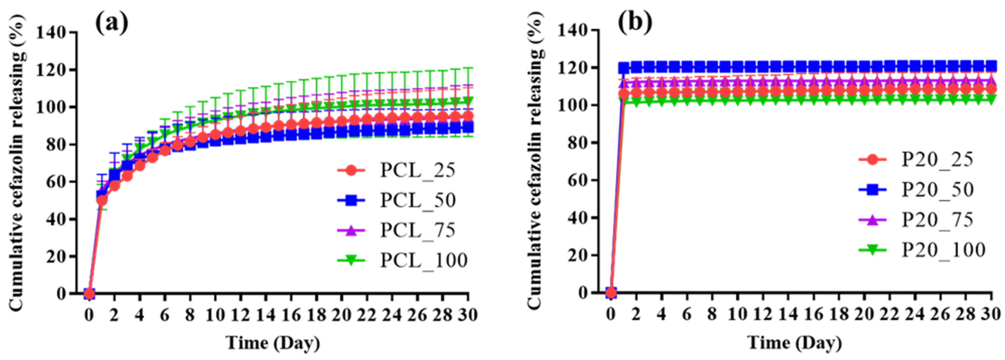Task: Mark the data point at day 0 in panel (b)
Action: pos(611,293)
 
